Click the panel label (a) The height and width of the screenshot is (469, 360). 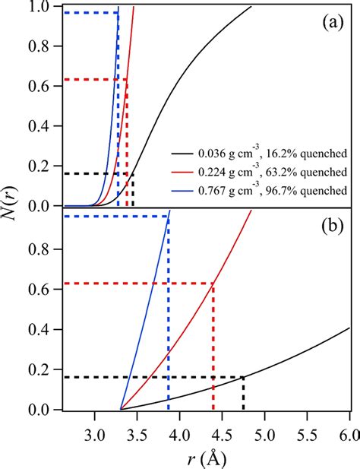click(x=332, y=22)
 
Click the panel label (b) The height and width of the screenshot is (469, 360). click(x=332, y=227)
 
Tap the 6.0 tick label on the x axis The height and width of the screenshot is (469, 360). click(x=349, y=427)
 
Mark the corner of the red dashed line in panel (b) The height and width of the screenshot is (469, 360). click(x=213, y=284)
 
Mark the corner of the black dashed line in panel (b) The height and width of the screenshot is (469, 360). click(x=243, y=377)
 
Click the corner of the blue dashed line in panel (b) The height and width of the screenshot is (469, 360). click(x=168, y=217)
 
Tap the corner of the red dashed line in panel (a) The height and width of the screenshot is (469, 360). click(x=127, y=79)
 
